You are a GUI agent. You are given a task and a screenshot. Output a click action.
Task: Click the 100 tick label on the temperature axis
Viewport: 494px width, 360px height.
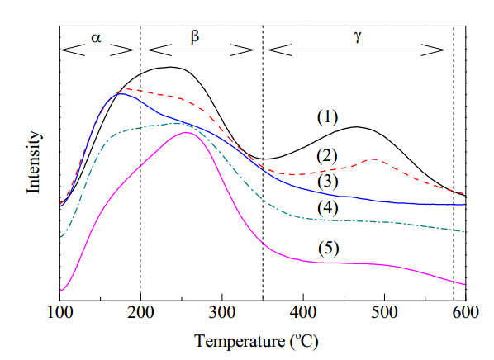point(59,313)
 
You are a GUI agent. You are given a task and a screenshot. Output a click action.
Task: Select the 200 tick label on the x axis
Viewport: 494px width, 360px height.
point(140,313)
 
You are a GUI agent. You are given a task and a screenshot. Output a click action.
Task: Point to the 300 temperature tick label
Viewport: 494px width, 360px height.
point(222,313)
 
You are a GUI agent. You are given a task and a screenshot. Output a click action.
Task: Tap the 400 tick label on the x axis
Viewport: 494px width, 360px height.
point(303,313)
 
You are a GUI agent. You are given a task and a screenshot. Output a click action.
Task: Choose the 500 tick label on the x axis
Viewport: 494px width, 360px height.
point(384,313)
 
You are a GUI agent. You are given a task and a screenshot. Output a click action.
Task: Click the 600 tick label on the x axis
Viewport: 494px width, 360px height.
point(466,313)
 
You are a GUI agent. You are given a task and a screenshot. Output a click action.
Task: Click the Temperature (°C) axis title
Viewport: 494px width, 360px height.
point(256,342)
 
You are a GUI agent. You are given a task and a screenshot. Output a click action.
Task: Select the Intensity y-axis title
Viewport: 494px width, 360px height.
point(33,162)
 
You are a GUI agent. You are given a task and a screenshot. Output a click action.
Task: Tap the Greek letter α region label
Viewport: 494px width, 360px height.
point(96,38)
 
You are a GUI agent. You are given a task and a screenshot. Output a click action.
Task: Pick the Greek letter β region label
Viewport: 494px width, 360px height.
point(195,36)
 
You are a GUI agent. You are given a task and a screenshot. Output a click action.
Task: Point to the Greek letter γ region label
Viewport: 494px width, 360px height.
point(357,37)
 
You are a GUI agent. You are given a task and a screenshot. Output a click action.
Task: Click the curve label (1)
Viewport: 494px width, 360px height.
point(327,117)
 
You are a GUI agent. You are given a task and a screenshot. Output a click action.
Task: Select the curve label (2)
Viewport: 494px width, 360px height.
point(327,156)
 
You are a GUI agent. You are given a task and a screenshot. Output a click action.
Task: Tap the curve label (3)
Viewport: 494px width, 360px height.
point(328,182)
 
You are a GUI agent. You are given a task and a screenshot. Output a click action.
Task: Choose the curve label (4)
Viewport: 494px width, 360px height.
point(328,208)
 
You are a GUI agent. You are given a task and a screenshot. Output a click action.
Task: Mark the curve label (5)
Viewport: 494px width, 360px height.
point(328,249)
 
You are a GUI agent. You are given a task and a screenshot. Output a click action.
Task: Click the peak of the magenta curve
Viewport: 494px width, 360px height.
point(186,132)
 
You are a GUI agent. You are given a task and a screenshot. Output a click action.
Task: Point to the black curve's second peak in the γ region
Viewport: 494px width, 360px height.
point(357,127)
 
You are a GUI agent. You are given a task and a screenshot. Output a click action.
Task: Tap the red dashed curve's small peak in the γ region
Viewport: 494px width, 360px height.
point(374,159)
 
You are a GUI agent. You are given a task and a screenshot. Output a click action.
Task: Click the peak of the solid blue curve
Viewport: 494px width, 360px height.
point(119,93)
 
